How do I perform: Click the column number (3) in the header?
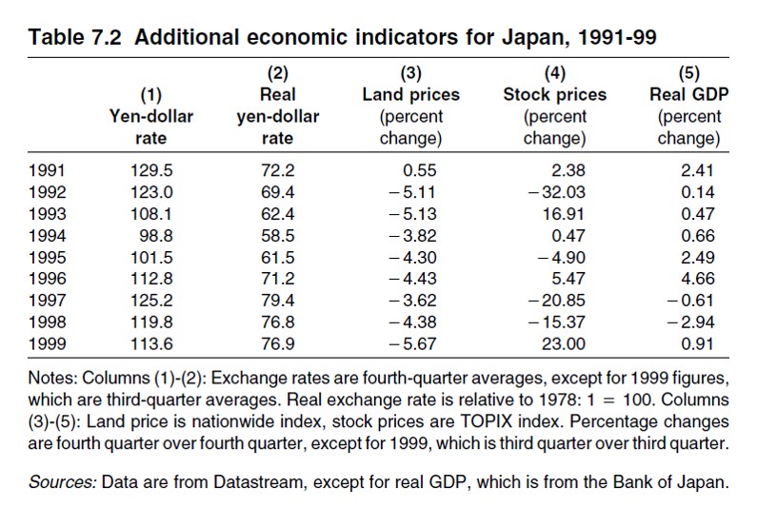point(410,73)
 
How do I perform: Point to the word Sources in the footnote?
point(61,482)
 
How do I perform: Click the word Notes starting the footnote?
point(52,378)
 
